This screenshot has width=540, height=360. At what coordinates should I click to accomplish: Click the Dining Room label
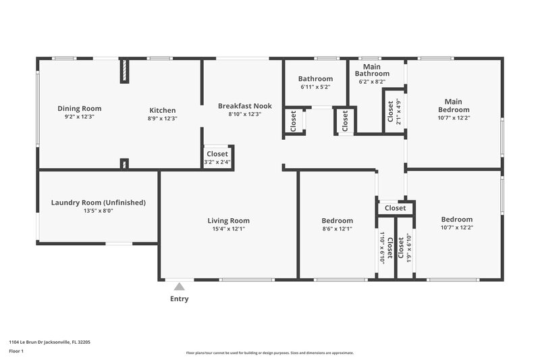(x=79, y=109)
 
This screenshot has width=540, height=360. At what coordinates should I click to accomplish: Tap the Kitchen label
(x=162, y=111)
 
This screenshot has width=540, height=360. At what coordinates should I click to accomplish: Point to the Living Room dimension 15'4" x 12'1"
(x=228, y=229)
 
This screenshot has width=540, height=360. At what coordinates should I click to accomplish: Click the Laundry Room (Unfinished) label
(x=99, y=203)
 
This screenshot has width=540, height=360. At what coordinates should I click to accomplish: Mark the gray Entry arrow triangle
(x=179, y=286)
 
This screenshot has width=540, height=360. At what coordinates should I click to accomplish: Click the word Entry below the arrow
(x=179, y=299)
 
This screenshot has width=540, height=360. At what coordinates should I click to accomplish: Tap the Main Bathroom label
(x=372, y=70)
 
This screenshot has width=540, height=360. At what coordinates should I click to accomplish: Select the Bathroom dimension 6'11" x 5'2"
(x=315, y=87)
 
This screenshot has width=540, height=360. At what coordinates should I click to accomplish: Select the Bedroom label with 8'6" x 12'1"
(x=337, y=221)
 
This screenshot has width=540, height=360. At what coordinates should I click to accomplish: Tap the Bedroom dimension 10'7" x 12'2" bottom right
(x=456, y=228)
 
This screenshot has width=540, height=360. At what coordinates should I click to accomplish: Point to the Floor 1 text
(x=16, y=351)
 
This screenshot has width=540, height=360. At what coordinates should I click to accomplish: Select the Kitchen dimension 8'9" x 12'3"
(x=162, y=118)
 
